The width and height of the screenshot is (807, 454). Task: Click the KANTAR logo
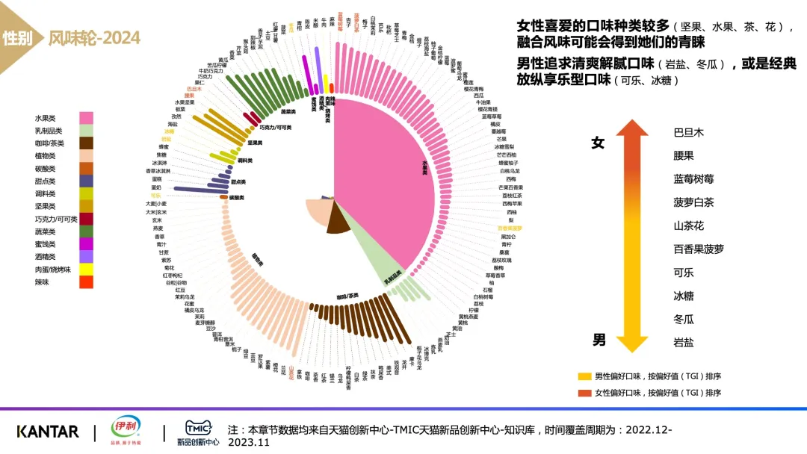pyautogui.click(x=47, y=432)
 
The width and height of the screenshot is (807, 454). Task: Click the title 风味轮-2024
pyautogui.click(x=94, y=38)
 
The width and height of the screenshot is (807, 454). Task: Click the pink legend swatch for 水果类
pyautogui.click(x=86, y=118)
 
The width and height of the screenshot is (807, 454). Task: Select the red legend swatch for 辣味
pyautogui.click(x=86, y=282)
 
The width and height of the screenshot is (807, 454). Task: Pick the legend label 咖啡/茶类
pyautogui.click(x=49, y=143)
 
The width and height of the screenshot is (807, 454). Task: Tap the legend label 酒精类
pyautogui.click(x=45, y=257)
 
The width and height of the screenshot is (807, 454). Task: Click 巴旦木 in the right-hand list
pyautogui.click(x=688, y=133)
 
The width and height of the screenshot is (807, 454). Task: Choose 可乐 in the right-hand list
pyautogui.click(x=684, y=273)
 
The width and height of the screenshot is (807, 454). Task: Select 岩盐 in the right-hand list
pyautogui.click(x=684, y=343)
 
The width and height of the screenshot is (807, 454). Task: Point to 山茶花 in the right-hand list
pyautogui.click(x=688, y=226)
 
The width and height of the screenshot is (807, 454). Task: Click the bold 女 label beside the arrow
pyautogui.click(x=598, y=143)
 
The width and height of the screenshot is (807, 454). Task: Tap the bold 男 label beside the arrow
pyautogui.click(x=599, y=340)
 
